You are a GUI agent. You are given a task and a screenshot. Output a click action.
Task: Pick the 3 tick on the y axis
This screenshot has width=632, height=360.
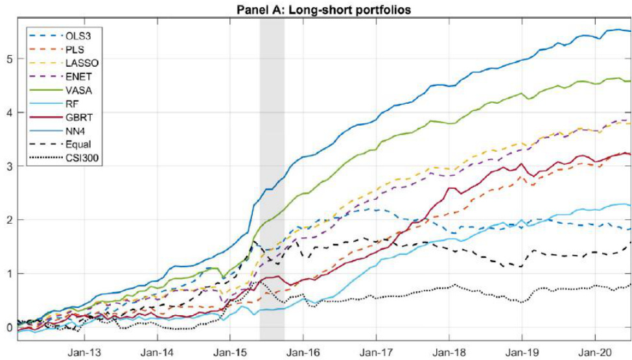coord(10,166)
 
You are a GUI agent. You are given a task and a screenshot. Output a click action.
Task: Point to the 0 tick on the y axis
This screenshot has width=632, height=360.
coord(10,327)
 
